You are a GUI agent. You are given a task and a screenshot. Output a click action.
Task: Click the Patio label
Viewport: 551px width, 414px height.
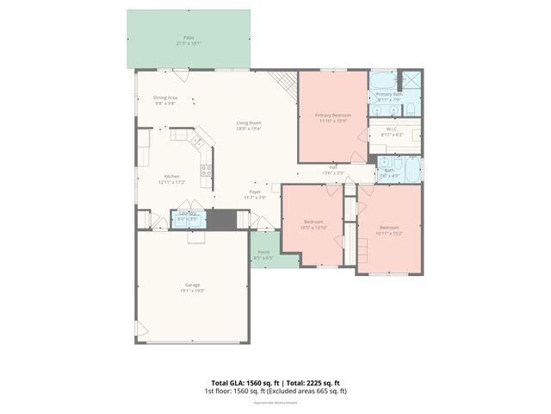click(189, 39)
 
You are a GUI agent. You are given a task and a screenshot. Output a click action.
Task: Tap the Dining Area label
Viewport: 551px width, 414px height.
click(165, 100)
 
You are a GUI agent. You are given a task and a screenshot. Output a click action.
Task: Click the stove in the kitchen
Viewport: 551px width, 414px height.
click(207, 170)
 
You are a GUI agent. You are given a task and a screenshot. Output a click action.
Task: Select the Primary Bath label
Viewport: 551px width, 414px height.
click(390, 96)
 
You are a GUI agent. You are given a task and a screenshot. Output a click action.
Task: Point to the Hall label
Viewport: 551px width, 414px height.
click(332, 169)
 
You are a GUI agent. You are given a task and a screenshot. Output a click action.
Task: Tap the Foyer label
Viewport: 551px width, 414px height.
click(256, 193)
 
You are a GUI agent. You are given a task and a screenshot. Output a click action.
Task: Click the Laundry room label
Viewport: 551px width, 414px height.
click(187, 216)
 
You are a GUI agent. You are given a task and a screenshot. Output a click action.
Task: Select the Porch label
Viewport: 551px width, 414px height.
click(263, 254)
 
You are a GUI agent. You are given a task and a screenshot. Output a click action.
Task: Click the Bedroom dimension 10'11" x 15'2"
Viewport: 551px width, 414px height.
click(389, 233)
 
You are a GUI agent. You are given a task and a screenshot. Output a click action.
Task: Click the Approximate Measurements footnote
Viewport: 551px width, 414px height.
click(275, 402)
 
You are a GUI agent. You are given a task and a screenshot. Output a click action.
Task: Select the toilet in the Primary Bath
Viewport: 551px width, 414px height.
click(411, 109)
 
